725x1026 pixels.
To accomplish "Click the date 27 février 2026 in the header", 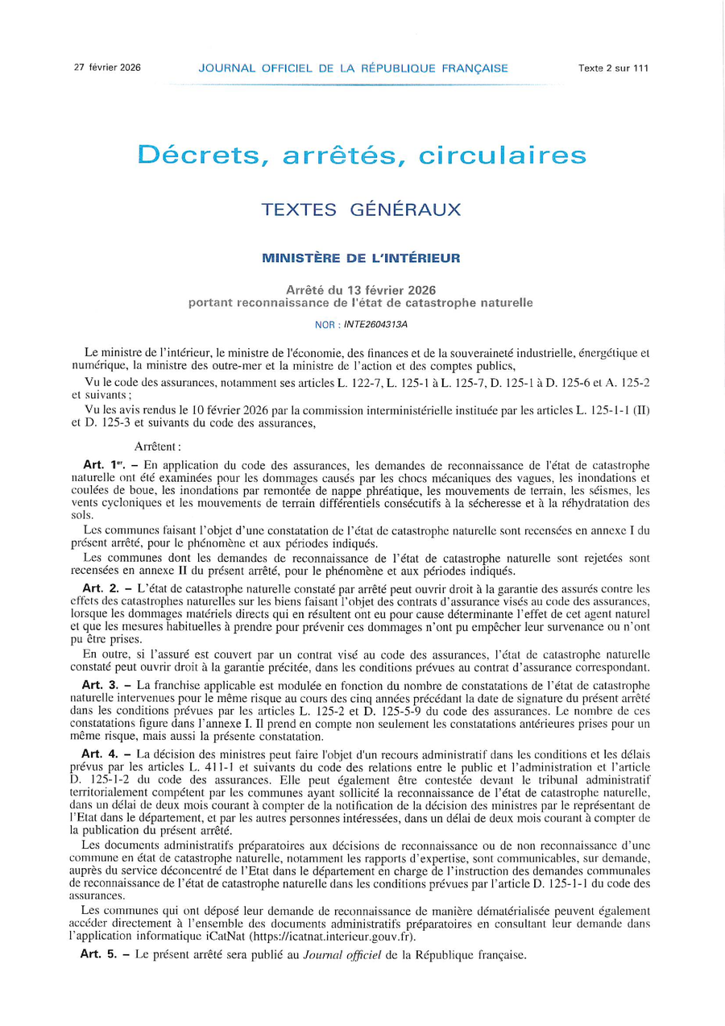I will pyautogui.click(x=107, y=68).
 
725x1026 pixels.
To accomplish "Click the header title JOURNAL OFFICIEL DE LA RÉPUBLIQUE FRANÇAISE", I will pyautogui.click(x=353, y=69).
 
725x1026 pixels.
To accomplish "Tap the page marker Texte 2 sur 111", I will pyautogui.click(x=613, y=69).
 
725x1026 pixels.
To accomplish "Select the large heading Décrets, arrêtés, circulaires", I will pyautogui.click(x=361, y=154).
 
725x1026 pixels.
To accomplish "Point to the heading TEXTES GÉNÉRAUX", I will pyautogui.click(x=361, y=210).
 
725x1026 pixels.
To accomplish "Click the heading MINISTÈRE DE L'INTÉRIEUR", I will pyautogui.click(x=361, y=259).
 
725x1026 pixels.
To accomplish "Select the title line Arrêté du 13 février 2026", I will pyautogui.click(x=361, y=289).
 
